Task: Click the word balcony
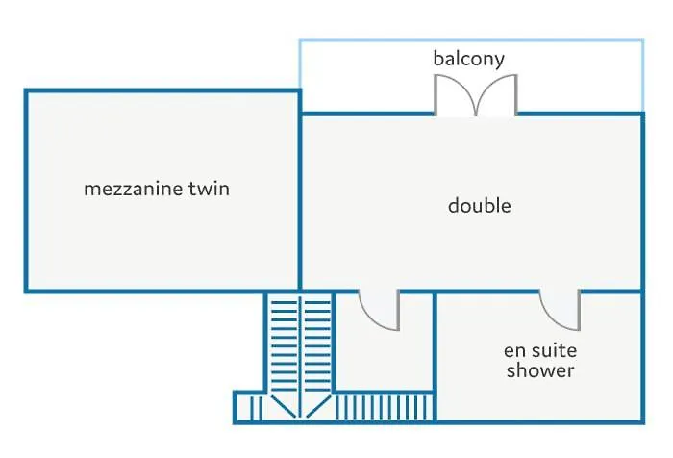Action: (469, 59)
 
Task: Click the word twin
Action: (209, 189)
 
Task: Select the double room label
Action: (480, 205)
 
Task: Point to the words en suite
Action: (540, 350)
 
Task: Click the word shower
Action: (540, 370)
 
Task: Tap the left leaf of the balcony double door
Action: (455, 94)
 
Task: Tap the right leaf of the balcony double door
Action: (497, 94)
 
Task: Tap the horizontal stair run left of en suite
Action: (385, 407)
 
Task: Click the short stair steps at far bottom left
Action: (256, 408)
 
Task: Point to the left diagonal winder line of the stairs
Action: (284, 406)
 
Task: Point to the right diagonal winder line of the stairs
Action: (318, 406)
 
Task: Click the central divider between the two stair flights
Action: (300, 357)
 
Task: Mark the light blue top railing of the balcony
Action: (471, 40)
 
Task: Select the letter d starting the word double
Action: (453, 205)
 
